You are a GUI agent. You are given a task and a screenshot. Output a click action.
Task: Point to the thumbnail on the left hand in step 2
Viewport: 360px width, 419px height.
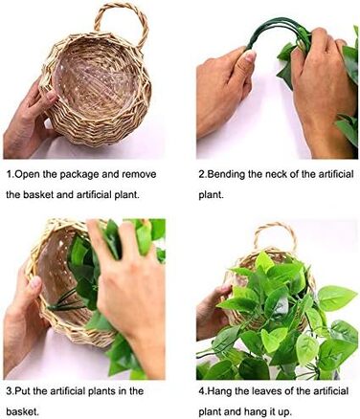[250, 56]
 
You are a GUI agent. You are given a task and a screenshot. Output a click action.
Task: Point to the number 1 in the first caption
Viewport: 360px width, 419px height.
[10, 174]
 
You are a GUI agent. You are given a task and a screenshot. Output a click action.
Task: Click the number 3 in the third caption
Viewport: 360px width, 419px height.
[10, 391]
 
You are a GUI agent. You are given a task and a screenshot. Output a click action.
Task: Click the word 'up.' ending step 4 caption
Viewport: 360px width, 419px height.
[283, 412]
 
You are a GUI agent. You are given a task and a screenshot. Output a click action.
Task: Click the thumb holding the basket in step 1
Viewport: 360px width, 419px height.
[45, 93]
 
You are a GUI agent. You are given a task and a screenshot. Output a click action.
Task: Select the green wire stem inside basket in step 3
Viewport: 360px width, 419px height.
[64, 302]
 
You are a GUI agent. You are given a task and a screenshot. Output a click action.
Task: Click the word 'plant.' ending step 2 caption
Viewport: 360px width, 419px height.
[211, 195]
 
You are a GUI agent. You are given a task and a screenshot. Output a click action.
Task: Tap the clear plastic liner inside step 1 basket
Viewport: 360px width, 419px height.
[96, 83]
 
